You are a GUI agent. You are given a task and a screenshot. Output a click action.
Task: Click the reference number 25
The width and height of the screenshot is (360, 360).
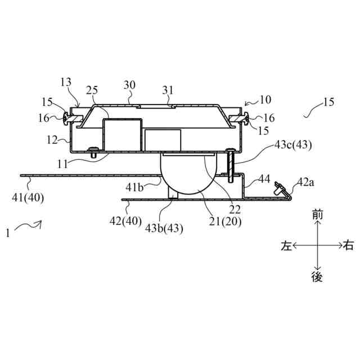(x=93, y=91)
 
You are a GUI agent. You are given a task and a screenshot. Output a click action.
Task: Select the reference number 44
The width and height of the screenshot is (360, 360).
(x=264, y=179)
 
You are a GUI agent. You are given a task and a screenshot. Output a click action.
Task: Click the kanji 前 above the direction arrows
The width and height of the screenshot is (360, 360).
(x=318, y=215)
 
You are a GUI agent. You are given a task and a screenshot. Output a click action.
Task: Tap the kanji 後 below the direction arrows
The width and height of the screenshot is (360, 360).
(x=318, y=276)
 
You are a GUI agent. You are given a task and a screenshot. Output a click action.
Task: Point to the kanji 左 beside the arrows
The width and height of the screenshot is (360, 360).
(x=287, y=245)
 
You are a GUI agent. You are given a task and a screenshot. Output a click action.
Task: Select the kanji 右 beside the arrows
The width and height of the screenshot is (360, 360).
(x=349, y=245)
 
